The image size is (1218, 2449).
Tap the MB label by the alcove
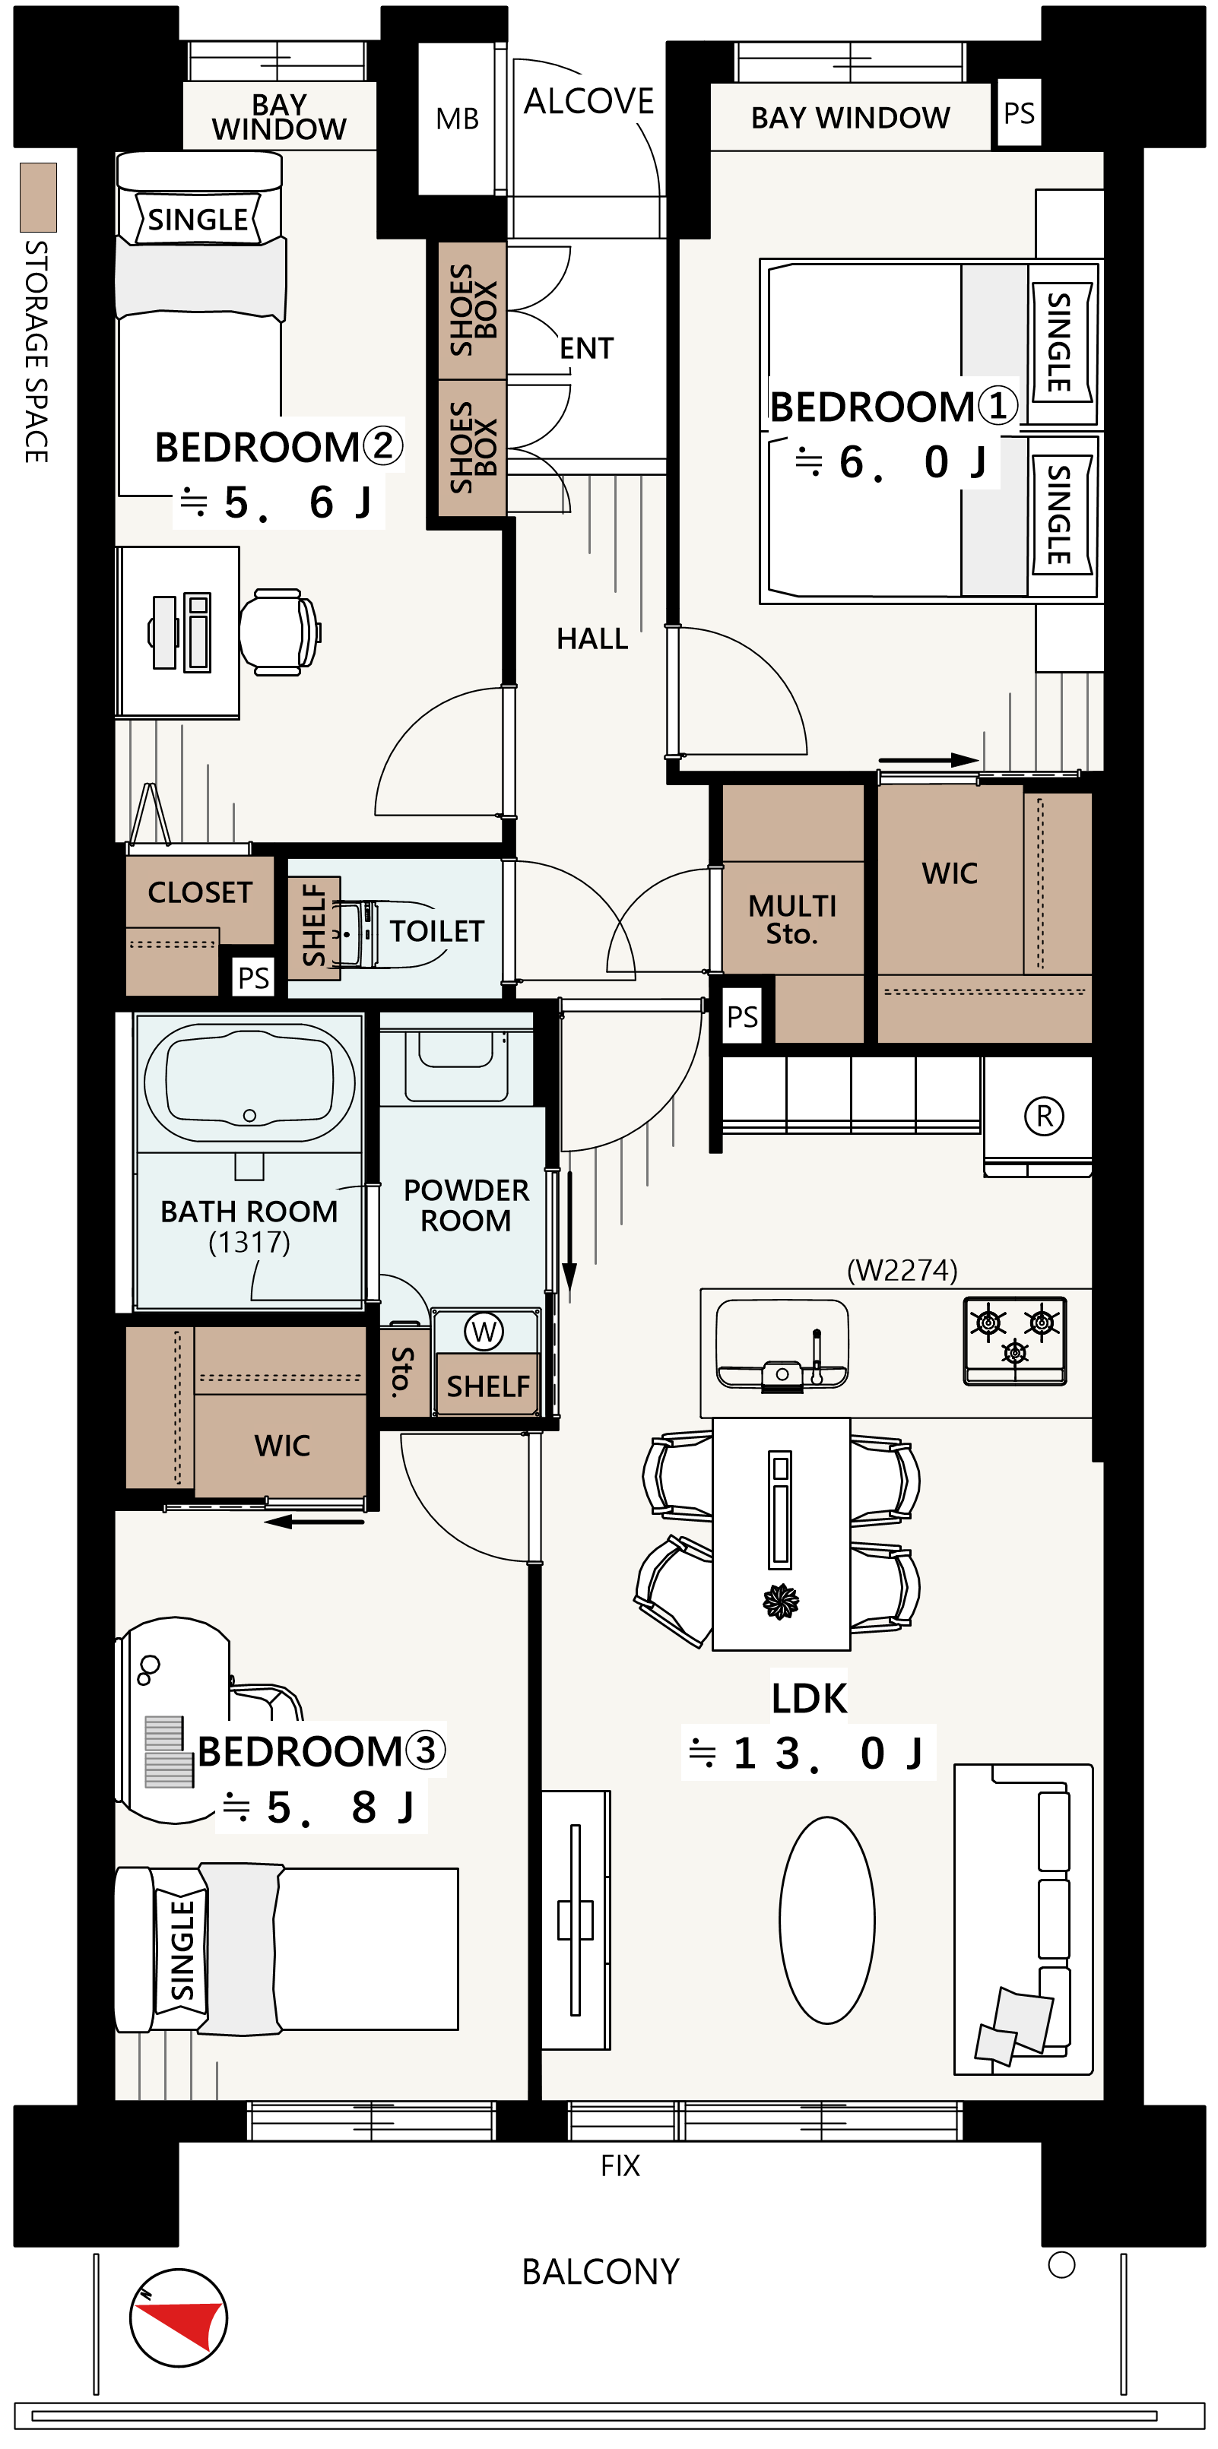[x=458, y=119]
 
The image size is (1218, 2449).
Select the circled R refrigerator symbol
[x=1044, y=1115]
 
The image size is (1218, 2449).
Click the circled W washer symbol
[x=484, y=1331]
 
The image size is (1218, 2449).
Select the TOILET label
[x=436, y=931]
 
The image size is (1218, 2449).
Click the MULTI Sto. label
[x=792, y=920]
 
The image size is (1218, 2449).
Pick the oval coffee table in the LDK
[x=826, y=1921]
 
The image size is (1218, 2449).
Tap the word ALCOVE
[x=588, y=101]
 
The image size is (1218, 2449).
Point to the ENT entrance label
[x=587, y=348]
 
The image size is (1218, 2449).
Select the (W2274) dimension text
[x=902, y=1270]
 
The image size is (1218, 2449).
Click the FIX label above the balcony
[x=620, y=2165]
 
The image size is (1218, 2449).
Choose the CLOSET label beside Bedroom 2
[x=200, y=892]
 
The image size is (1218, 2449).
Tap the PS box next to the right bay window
[x=1018, y=113]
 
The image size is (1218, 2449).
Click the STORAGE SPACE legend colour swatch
[x=38, y=198]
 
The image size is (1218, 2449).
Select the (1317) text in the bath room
[x=249, y=1243]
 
